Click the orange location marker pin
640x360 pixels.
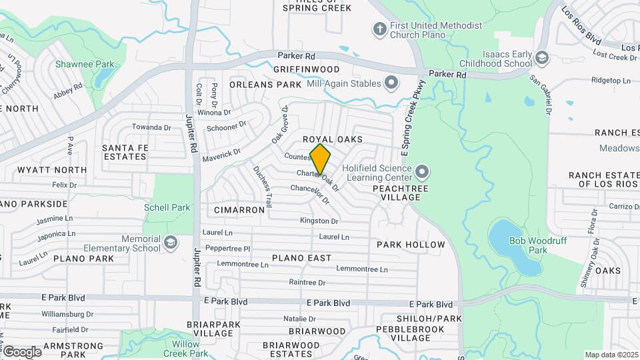pos(320,159)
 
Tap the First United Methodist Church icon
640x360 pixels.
pos(379,29)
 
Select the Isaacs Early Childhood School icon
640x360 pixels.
pos(541,57)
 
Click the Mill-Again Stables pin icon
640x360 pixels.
pos(391,83)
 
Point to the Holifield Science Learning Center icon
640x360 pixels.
pos(421,173)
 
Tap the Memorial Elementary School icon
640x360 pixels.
pos(171,243)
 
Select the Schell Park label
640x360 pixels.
pos(167,207)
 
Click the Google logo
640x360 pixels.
pos(22,351)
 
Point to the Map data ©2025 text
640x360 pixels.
pos(611,355)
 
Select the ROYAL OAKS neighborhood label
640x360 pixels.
pos(333,139)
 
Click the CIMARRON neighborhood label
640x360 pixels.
pos(239,210)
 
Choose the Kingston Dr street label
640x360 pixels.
pos(319,221)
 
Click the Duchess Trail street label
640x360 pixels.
pos(262,187)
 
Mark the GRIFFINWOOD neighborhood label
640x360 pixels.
pos(306,69)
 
